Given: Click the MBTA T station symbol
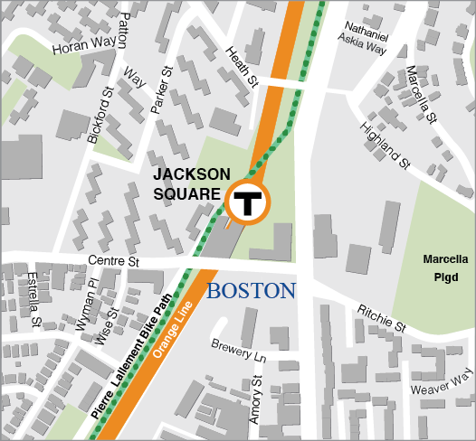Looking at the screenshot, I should tap(246, 203).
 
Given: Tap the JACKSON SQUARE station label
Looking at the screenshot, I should tap(186, 183).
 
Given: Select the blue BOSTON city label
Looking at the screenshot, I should tap(252, 291).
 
